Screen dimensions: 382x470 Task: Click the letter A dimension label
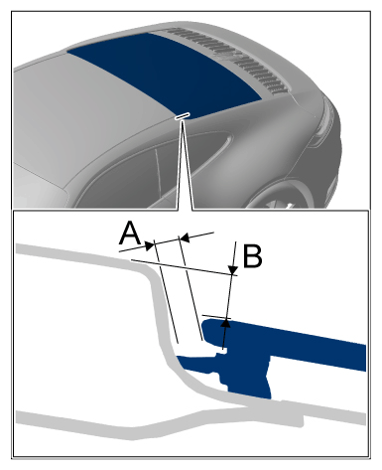click(x=131, y=234)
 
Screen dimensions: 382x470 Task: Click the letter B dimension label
click(x=253, y=255)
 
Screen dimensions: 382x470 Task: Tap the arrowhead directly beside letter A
click(x=150, y=245)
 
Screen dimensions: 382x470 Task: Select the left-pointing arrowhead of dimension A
click(x=184, y=237)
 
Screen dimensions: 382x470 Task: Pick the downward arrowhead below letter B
click(x=233, y=269)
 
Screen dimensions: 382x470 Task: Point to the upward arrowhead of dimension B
click(x=225, y=324)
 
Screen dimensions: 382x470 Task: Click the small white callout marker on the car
click(x=183, y=116)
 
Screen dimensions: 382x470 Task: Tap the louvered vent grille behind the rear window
click(x=228, y=60)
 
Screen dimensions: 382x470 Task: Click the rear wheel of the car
click(x=281, y=196)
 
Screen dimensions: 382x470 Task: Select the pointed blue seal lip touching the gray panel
click(x=182, y=360)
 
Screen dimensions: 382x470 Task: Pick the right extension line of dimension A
click(x=191, y=288)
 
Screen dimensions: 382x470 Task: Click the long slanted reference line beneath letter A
click(x=185, y=267)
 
